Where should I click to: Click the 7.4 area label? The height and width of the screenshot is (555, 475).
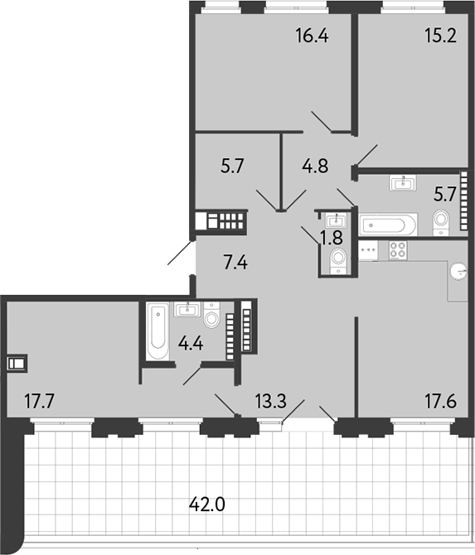[236, 265]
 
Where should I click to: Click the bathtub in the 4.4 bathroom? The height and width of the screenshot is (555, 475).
[158, 331]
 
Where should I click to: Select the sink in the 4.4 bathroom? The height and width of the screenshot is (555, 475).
[187, 310]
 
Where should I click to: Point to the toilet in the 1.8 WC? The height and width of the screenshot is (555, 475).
[337, 261]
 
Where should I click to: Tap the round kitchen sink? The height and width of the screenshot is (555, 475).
[458, 269]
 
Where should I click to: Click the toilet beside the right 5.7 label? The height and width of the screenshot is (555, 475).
[441, 220]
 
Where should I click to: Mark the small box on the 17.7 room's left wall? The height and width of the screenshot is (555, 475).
[16, 362]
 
